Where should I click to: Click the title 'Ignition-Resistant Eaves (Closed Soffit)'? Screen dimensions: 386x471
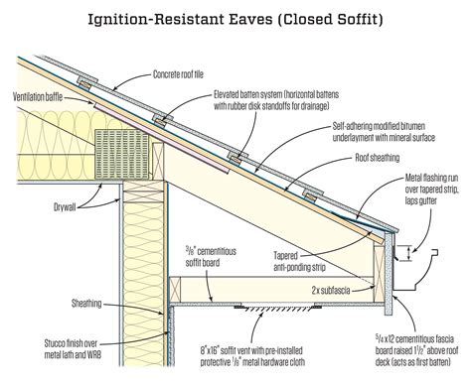pyautogui.click(x=235, y=17)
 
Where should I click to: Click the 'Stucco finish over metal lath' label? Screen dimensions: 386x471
pyautogui.click(x=53, y=342)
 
